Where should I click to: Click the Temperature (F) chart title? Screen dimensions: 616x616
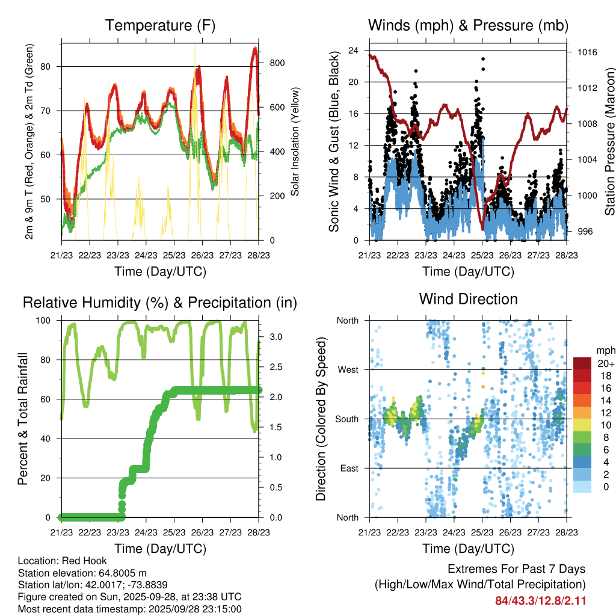pyautogui.click(x=160, y=25)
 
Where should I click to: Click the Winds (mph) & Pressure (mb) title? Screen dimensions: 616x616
pyautogui.click(x=468, y=25)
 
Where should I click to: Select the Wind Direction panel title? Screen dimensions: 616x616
pyautogui.click(x=468, y=298)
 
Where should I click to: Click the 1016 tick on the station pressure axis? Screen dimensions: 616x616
pyautogui.click(x=587, y=52)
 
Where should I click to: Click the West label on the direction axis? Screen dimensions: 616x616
pyautogui.click(x=347, y=370)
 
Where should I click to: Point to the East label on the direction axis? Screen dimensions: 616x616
pyautogui.click(x=348, y=468)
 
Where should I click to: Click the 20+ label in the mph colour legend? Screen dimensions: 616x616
pyautogui.click(x=605, y=363)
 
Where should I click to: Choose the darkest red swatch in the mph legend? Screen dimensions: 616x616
pyautogui.click(x=582, y=363)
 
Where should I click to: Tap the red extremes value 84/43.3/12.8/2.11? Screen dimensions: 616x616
pyautogui.click(x=541, y=600)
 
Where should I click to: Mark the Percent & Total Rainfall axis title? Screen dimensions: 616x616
pyautogui.click(x=23, y=419)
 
